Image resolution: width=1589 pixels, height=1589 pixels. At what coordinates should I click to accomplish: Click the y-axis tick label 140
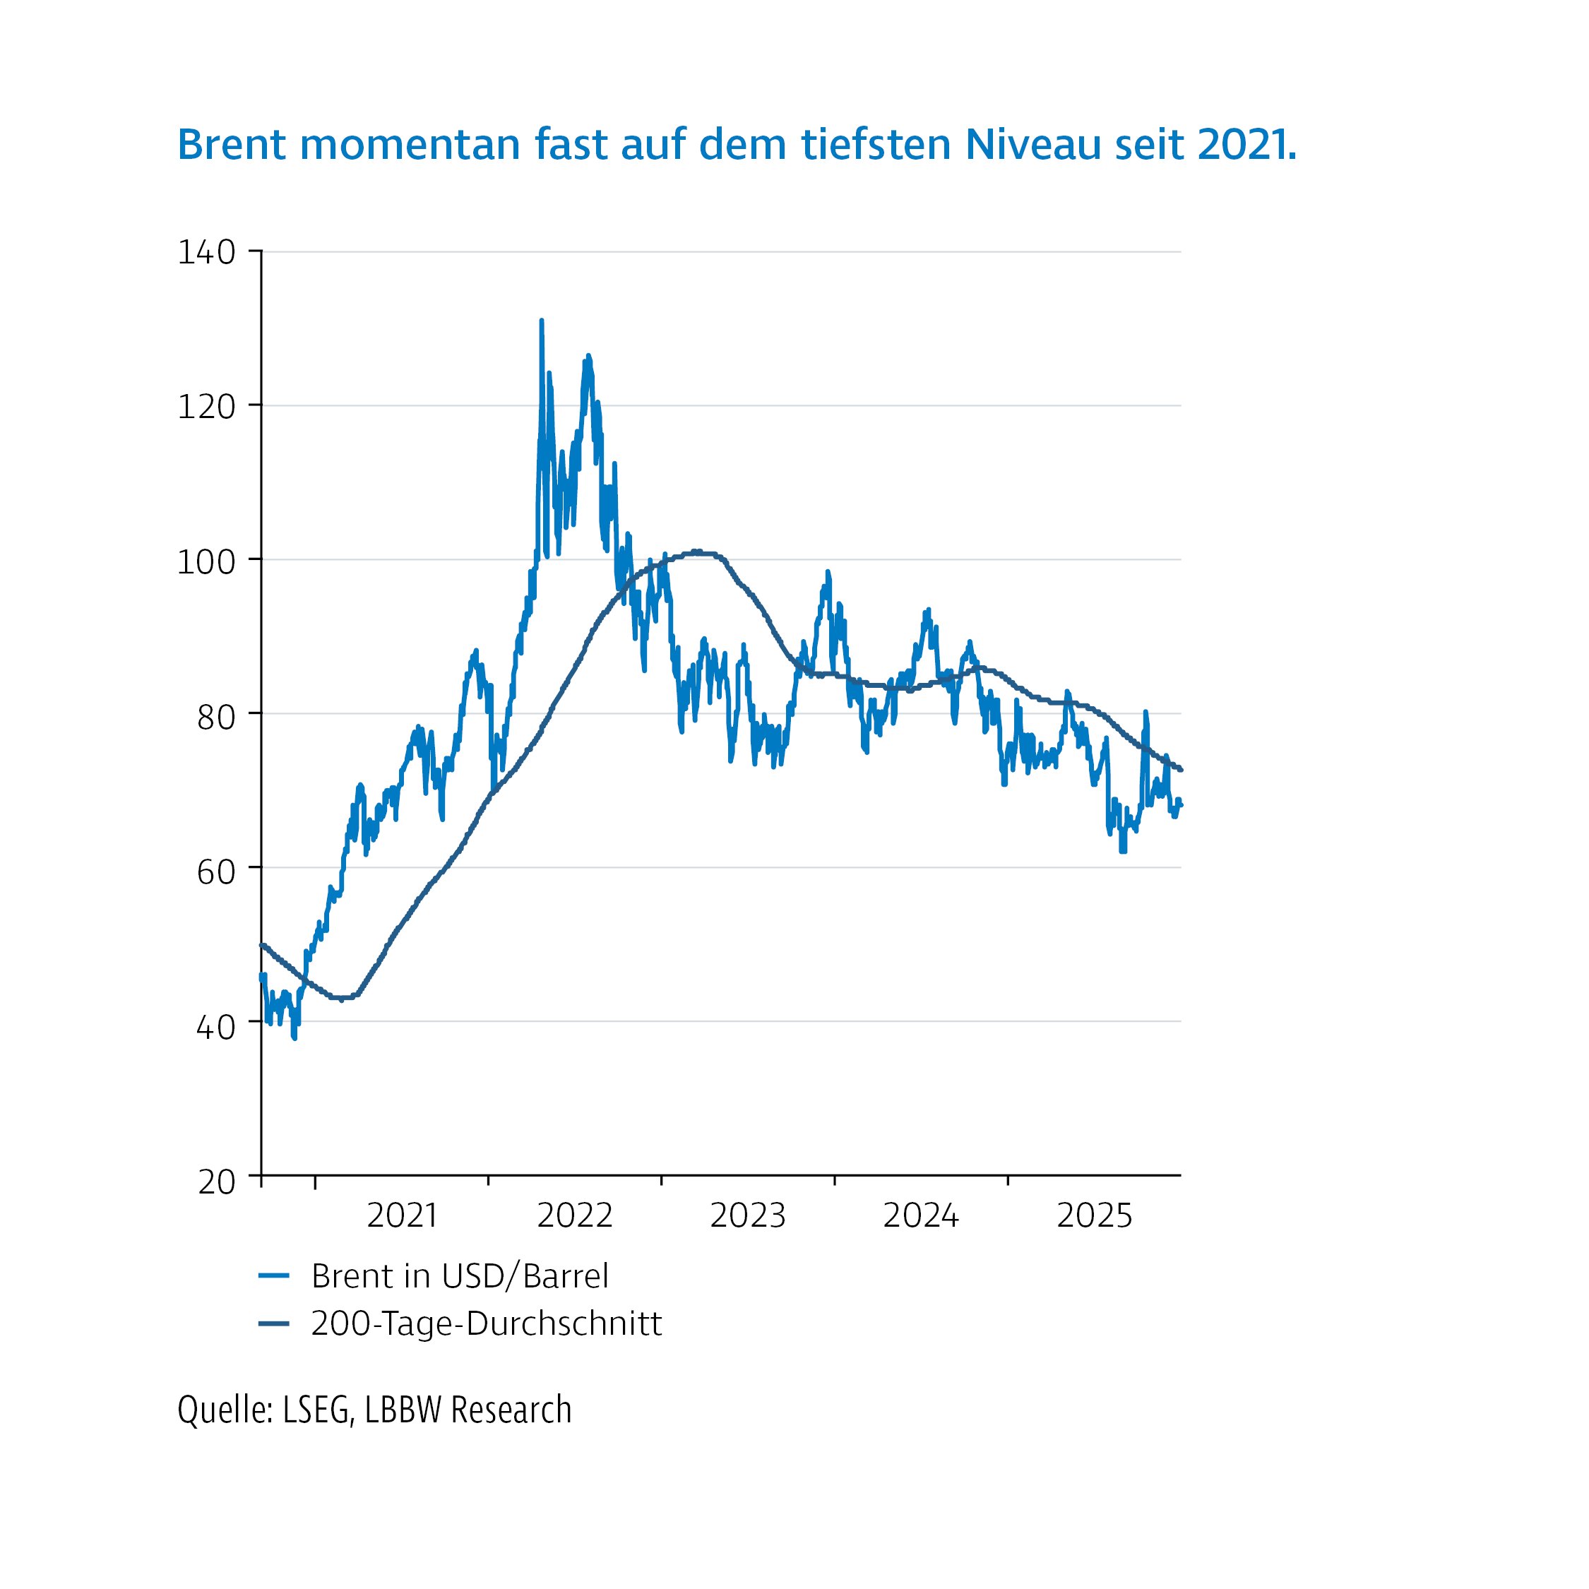[206, 253]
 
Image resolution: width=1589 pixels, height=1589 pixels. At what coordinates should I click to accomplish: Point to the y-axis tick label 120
[206, 406]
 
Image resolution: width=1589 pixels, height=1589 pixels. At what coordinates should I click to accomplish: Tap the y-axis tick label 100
[206, 561]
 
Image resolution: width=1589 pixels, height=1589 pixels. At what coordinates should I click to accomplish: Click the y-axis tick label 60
[216, 871]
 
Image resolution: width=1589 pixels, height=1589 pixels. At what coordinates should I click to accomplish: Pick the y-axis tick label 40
[216, 1026]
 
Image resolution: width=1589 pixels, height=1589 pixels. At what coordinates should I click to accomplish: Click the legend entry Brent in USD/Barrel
[460, 1275]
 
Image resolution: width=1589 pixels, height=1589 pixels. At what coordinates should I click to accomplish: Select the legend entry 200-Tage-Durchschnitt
[486, 1323]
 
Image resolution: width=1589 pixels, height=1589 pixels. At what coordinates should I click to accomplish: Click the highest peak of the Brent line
[541, 321]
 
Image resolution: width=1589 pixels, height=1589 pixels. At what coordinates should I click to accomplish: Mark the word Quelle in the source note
[225, 1410]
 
